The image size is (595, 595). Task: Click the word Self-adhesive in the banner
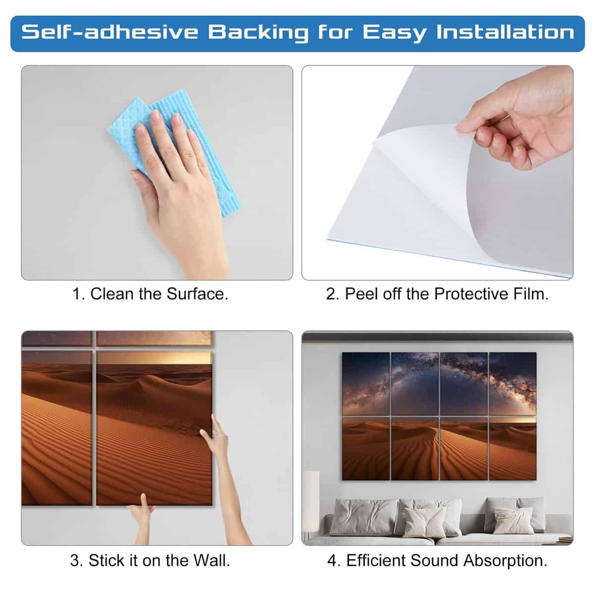110,32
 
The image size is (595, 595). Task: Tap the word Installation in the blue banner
505,32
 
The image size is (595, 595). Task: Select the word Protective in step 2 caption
472,294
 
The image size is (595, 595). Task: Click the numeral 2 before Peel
331,294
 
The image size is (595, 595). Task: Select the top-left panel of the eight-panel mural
366,384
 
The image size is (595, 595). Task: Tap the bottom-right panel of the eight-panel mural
513,449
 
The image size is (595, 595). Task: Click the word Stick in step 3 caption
107,560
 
